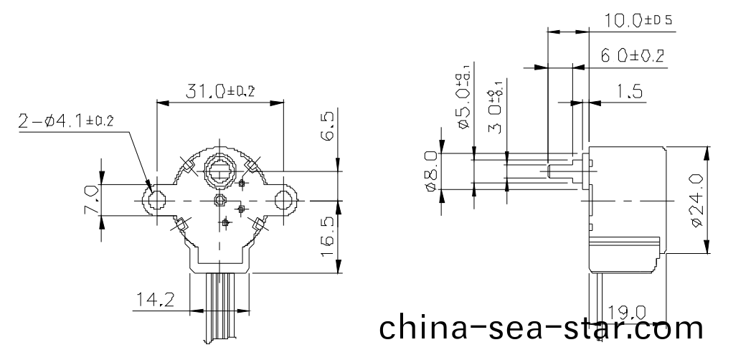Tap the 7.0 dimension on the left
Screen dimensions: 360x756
[x=90, y=200]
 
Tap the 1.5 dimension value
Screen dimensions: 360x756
[x=628, y=92]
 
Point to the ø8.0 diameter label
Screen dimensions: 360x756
[x=431, y=171]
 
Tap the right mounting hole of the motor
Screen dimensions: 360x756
[x=286, y=200]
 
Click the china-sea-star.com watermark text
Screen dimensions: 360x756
[x=541, y=329]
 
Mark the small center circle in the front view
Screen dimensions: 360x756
[x=221, y=200]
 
